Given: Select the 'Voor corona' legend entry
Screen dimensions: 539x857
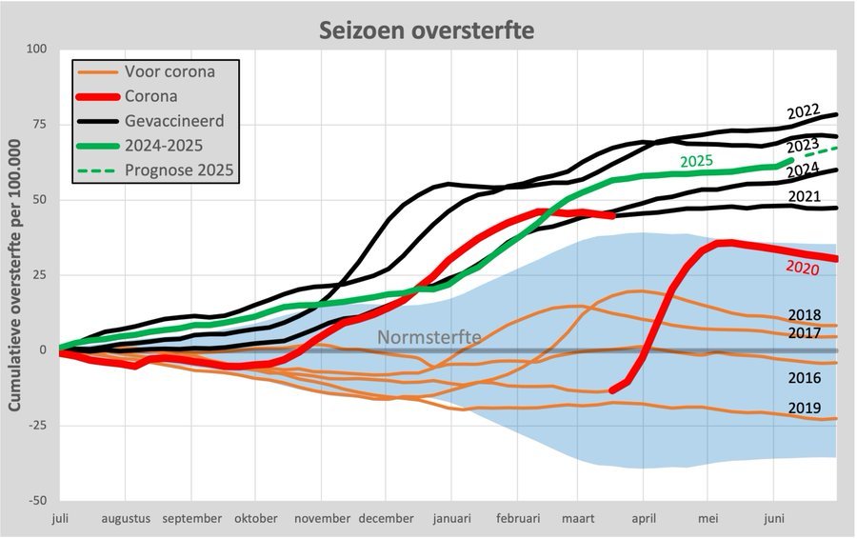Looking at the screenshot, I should coord(169,71).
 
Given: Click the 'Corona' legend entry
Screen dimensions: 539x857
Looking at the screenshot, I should coord(150,96).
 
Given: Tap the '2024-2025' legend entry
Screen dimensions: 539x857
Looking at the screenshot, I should coord(161,146).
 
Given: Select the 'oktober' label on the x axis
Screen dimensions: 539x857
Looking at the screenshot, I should coord(255,519).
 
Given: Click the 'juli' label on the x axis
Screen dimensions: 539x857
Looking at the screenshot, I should coord(59,519).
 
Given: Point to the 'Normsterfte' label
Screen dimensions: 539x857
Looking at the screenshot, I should coord(429,337).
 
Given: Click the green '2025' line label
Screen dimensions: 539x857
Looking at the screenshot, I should coord(697,161).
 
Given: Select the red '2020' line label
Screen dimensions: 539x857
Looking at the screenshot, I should coord(802,267).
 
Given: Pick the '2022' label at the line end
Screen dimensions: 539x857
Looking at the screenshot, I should coord(804,111).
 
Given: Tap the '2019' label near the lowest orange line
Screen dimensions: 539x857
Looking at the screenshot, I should coord(806,408).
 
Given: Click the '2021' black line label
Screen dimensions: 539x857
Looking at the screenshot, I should coord(806,196).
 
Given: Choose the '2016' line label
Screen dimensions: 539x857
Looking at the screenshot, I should coord(806,378).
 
